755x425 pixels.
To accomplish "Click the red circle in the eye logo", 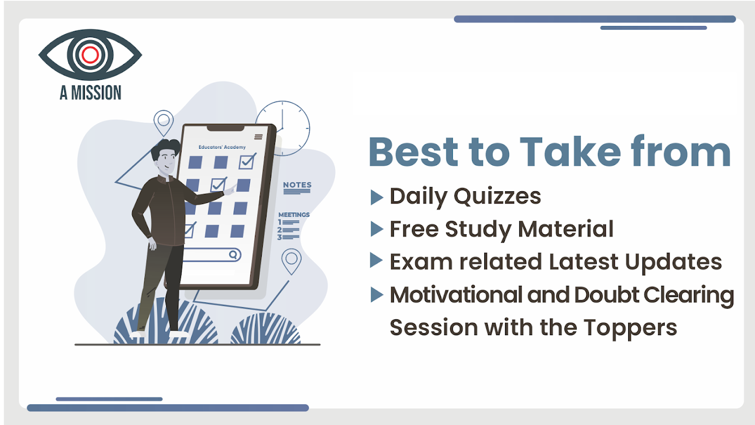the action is click(90, 55).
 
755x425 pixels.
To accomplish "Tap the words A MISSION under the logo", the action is click(90, 93).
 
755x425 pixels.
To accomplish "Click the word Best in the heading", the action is click(414, 152).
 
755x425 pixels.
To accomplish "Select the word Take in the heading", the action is click(570, 152).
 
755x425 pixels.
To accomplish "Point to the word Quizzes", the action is click(497, 196).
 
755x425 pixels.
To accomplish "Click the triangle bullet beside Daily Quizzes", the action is click(377, 197).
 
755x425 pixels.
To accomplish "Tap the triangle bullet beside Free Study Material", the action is click(377, 229).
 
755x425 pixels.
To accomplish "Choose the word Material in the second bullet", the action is click(566, 229).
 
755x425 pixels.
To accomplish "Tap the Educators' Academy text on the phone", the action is click(222, 147).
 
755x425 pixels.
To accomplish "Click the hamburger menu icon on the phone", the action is click(259, 137).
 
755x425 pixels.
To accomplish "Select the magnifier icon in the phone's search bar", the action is click(233, 254).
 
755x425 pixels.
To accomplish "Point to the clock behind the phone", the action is click(282, 129).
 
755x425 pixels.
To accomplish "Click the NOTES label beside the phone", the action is click(297, 185).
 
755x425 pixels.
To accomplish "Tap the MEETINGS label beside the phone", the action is click(294, 215).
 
